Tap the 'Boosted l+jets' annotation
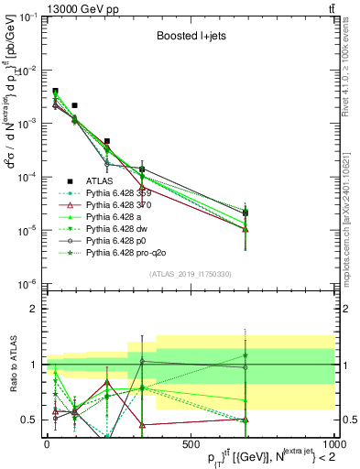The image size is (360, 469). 191,38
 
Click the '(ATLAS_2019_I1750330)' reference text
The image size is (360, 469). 190,274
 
